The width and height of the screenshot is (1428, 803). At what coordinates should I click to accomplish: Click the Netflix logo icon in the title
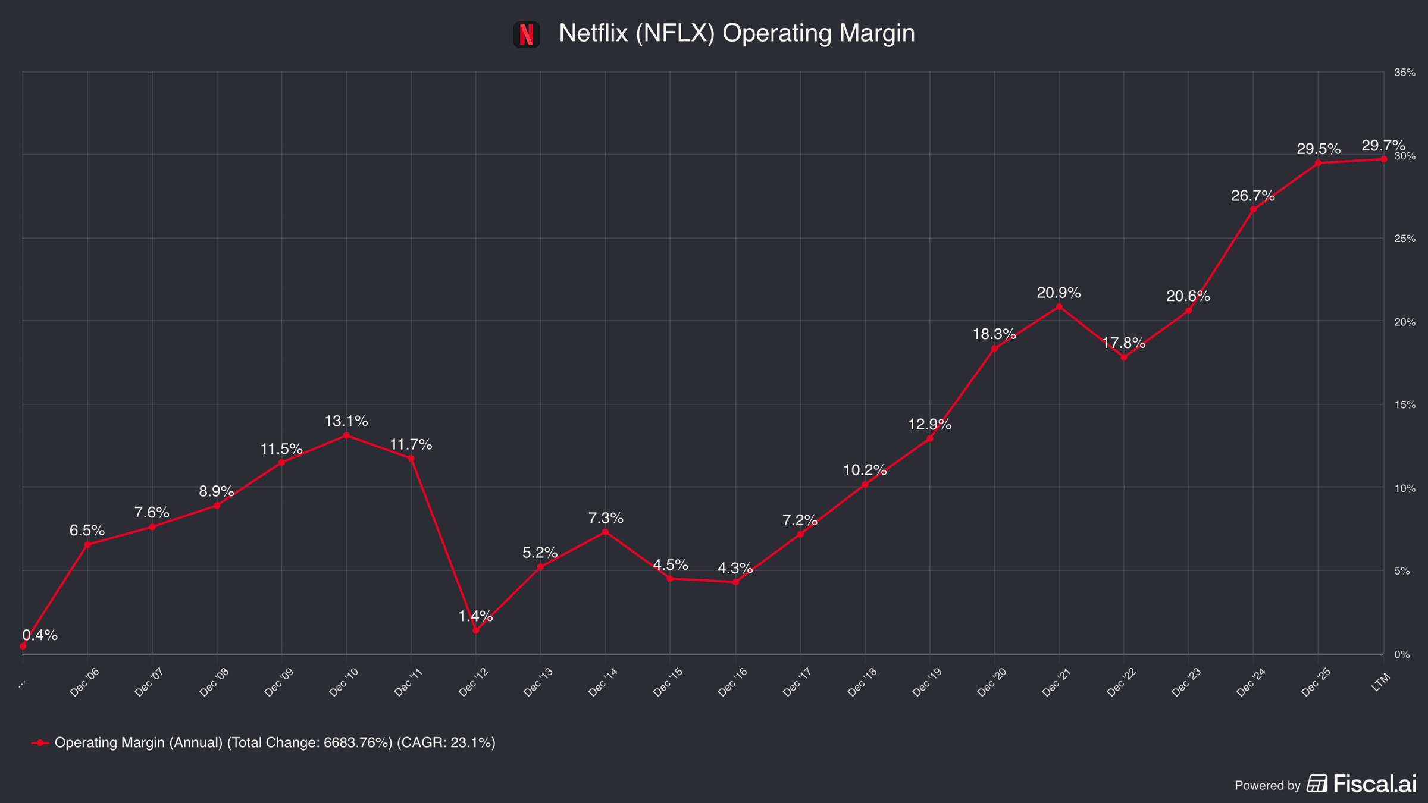[x=527, y=34]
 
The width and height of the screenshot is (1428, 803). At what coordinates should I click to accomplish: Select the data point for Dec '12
[x=475, y=631]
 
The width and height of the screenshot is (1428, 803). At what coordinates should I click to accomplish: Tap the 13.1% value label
[x=346, y=421]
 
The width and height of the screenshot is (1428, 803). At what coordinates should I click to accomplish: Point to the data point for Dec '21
[x=1059, y=307]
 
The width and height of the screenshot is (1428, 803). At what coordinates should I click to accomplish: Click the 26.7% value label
[x=1253, y=196]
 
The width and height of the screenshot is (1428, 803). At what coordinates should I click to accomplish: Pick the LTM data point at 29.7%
[x=1383, y=159]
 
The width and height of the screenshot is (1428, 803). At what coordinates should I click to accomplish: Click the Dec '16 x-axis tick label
[x=732, y=682]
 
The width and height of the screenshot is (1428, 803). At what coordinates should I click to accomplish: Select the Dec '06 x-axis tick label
[x=84, y=682]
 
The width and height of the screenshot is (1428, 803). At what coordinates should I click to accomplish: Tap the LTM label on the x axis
[x=1381, y=682]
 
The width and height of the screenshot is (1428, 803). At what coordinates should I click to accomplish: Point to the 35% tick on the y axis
[x=1405, y=73]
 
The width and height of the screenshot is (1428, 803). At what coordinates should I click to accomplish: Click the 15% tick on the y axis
[x=1405, y=404]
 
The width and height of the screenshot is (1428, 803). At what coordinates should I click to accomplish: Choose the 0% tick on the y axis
[x=1402, y=654]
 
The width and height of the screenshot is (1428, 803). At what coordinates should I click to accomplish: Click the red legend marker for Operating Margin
[x=40, y=743]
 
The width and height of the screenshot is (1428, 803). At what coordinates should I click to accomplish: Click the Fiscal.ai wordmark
[x=1374, y=784]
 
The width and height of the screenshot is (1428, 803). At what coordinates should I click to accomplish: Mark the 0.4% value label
[x=40, y=635]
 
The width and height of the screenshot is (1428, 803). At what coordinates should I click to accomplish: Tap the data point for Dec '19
[x=929, y=439]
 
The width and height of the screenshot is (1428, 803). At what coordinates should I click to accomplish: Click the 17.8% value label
[x=1123, y=343]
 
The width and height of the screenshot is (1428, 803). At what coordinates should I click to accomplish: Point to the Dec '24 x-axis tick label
[x=1251, y=682]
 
